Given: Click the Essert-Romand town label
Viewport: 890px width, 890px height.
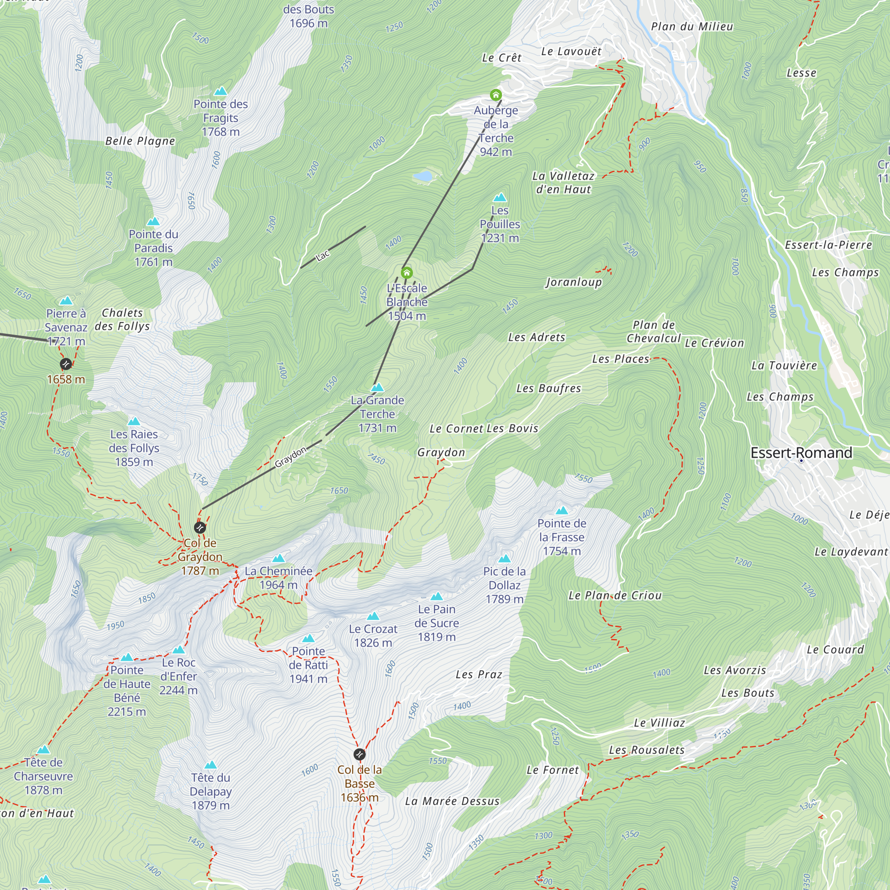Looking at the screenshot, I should point(801,453).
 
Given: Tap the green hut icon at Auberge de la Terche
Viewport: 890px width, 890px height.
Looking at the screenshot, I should point(496,95).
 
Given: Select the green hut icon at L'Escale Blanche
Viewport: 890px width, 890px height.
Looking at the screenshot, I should point(406,273).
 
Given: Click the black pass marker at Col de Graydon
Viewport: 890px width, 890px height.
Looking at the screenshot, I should point(199,527).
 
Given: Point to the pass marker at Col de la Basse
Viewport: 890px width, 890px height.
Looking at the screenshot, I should point(359,755).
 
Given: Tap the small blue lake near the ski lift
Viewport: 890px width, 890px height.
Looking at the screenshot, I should point(422,176).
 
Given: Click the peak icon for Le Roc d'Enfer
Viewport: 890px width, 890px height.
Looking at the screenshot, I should point(178,650).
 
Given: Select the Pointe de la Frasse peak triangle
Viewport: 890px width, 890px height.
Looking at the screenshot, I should point(562,510).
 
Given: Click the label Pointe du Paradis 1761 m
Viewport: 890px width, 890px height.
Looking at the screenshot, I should point(154,248).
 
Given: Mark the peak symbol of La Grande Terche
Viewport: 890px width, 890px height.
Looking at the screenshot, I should point(377,388).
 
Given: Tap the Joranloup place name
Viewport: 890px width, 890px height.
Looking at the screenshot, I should point(574,282).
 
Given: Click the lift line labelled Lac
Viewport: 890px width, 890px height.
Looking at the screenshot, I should point(332,247).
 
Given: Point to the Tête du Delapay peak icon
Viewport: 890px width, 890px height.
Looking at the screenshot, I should point(210,765).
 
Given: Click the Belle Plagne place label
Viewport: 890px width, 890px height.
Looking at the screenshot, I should point(140,141).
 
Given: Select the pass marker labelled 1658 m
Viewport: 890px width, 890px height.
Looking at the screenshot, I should point(66,364).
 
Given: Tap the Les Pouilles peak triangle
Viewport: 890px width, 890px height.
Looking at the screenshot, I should point(500,198).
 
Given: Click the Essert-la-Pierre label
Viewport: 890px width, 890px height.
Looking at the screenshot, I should point(828,245).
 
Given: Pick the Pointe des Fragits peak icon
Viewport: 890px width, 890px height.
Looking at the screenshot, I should point(221,91).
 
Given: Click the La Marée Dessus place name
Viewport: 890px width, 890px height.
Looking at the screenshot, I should point(452,801).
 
